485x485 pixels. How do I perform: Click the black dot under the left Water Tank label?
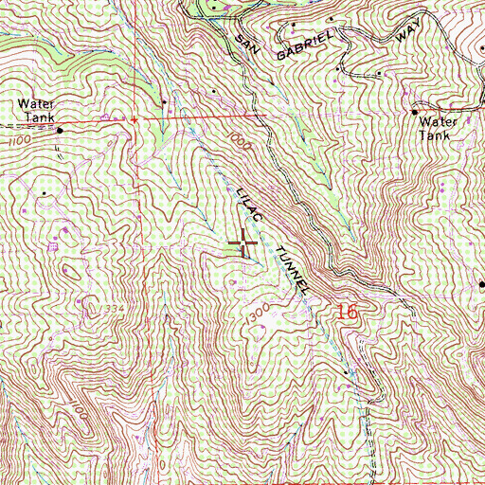60,131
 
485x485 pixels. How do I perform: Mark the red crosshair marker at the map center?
243,244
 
